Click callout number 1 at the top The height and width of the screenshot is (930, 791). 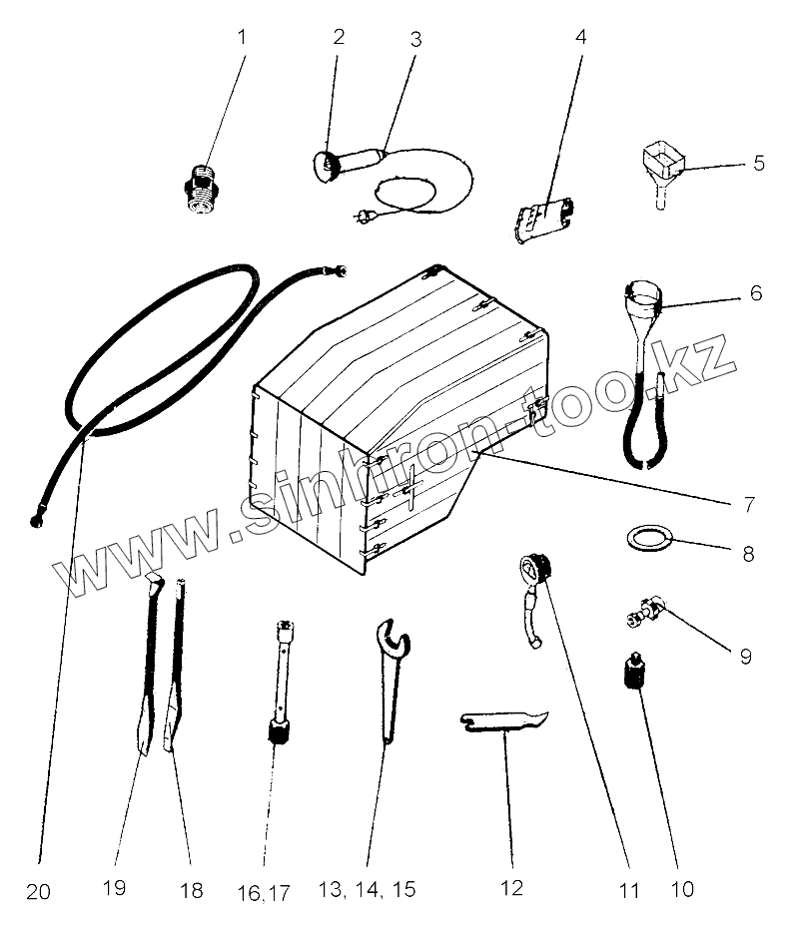click(x=240, y=38)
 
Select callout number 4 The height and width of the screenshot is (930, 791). click(x=580, y=38)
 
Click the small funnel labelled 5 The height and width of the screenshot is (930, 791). click(x=661, y=164)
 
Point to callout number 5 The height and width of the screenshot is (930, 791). click(x=758, y=162)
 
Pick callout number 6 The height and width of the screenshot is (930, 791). click(x=756, y=293)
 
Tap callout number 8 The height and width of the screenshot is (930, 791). click(x=749, y=551)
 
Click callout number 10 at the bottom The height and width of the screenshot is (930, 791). click(x=682, y=887)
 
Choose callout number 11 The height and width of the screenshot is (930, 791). click(x=627, y=888)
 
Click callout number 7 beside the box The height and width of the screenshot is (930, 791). click(x=748, y=504)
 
